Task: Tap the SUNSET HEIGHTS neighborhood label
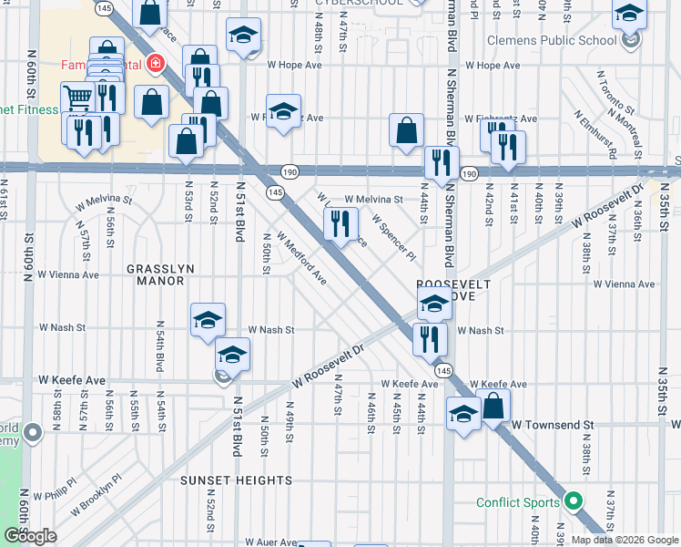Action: coord(236,480)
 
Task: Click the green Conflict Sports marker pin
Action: coord(574,501)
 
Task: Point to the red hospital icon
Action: coord(156,64)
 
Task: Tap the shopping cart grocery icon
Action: coord(76,96)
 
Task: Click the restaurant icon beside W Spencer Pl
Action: coord(341,222)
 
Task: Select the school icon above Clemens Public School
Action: coord(629,15)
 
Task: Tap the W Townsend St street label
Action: coord(552,425)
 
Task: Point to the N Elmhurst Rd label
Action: coord(597,134)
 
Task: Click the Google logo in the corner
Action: coord(30,535)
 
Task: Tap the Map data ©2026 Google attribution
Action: coord(624,540)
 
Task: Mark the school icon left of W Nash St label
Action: coord(208,319)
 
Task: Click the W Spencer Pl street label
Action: coord(393,236)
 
